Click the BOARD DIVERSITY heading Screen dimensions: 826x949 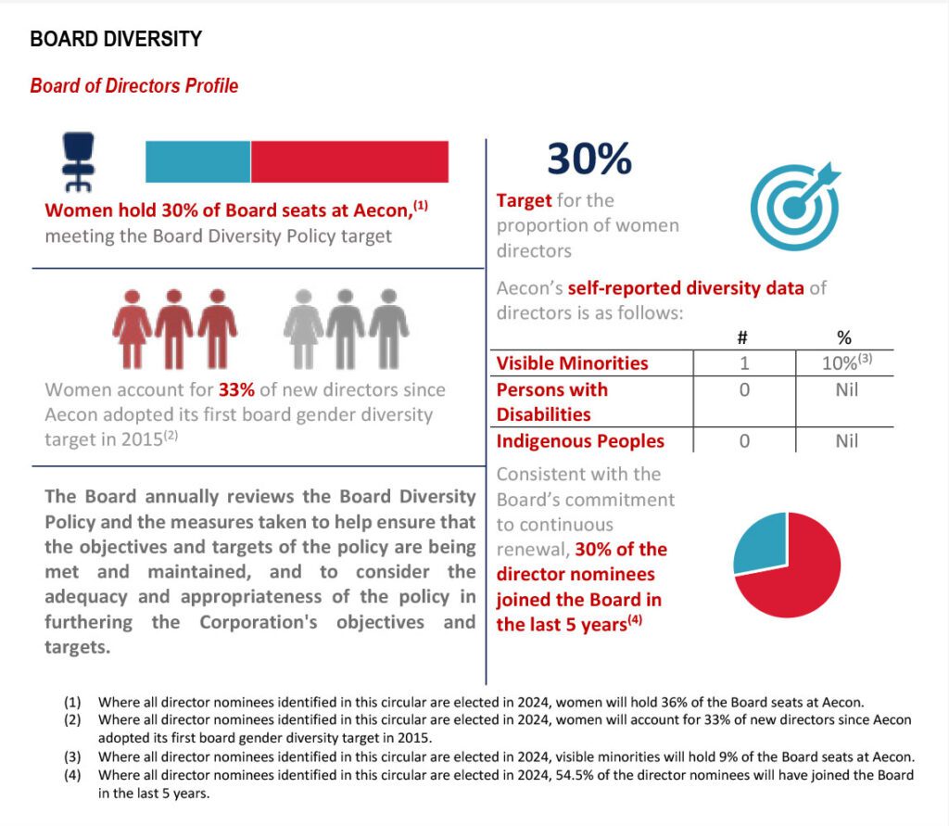click(116, 39)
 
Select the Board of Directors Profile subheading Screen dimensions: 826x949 click(134, 86)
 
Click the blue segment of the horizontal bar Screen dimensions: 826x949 click(197, 162)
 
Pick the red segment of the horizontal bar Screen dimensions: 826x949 click(349, 162)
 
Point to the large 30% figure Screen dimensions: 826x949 click(589, 159)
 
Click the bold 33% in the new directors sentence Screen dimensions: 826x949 click(235, 389)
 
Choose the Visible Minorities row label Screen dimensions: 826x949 click(572, 363)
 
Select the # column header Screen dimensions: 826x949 click(744, 338)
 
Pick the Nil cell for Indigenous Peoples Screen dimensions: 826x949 click(846, 441)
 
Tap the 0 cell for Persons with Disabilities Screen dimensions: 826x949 click(744, 390)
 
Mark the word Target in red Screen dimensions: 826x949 click(524, 200)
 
